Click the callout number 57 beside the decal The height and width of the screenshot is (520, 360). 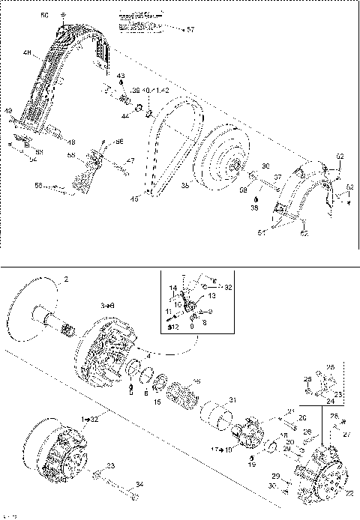(x=190, y=29)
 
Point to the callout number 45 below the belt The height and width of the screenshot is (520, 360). (x=136, y=198)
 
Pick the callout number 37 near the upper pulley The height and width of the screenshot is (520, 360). (x=277, y=178)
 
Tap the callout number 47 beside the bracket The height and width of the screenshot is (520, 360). (x=130, y=160)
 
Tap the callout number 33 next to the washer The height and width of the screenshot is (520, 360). (x=112, y=466)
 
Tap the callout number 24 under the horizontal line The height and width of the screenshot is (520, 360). (x=331, y=401)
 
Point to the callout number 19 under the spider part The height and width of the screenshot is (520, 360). (x=252, y=465)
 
